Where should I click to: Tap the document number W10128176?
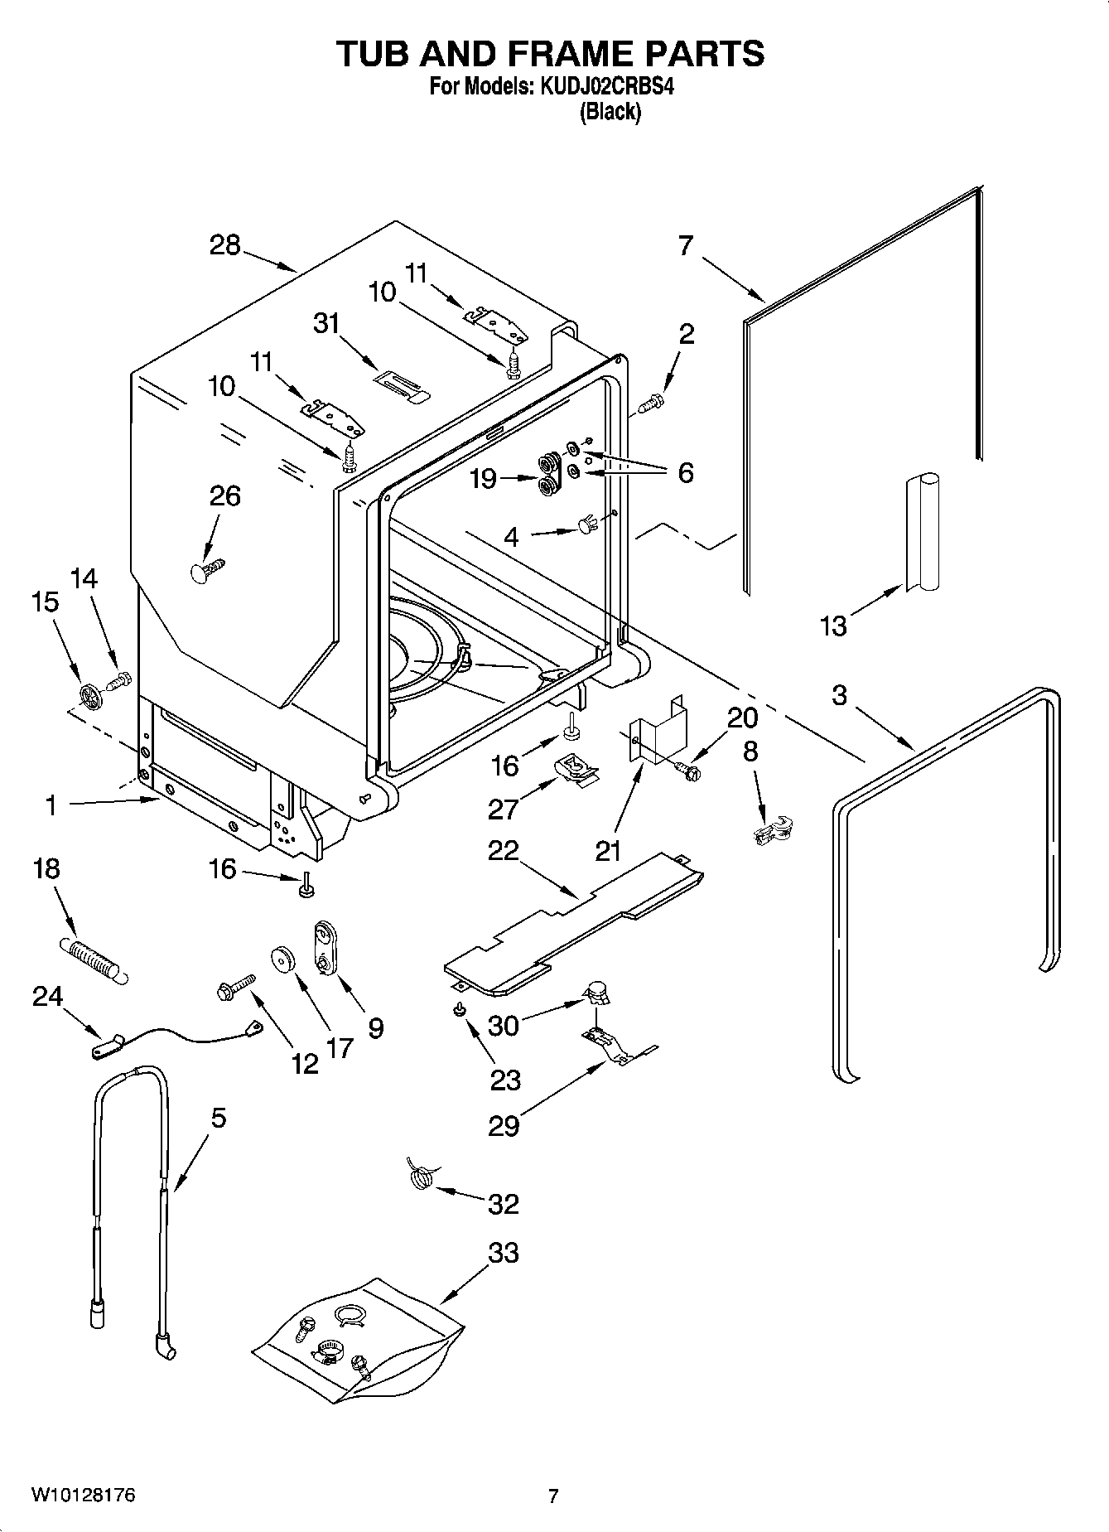83,1496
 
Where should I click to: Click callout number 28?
224,245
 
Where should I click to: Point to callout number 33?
504,1253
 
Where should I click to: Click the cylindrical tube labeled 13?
921,530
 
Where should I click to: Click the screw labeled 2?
651,404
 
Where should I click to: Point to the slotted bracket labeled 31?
401,385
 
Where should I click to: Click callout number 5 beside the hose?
218,1118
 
